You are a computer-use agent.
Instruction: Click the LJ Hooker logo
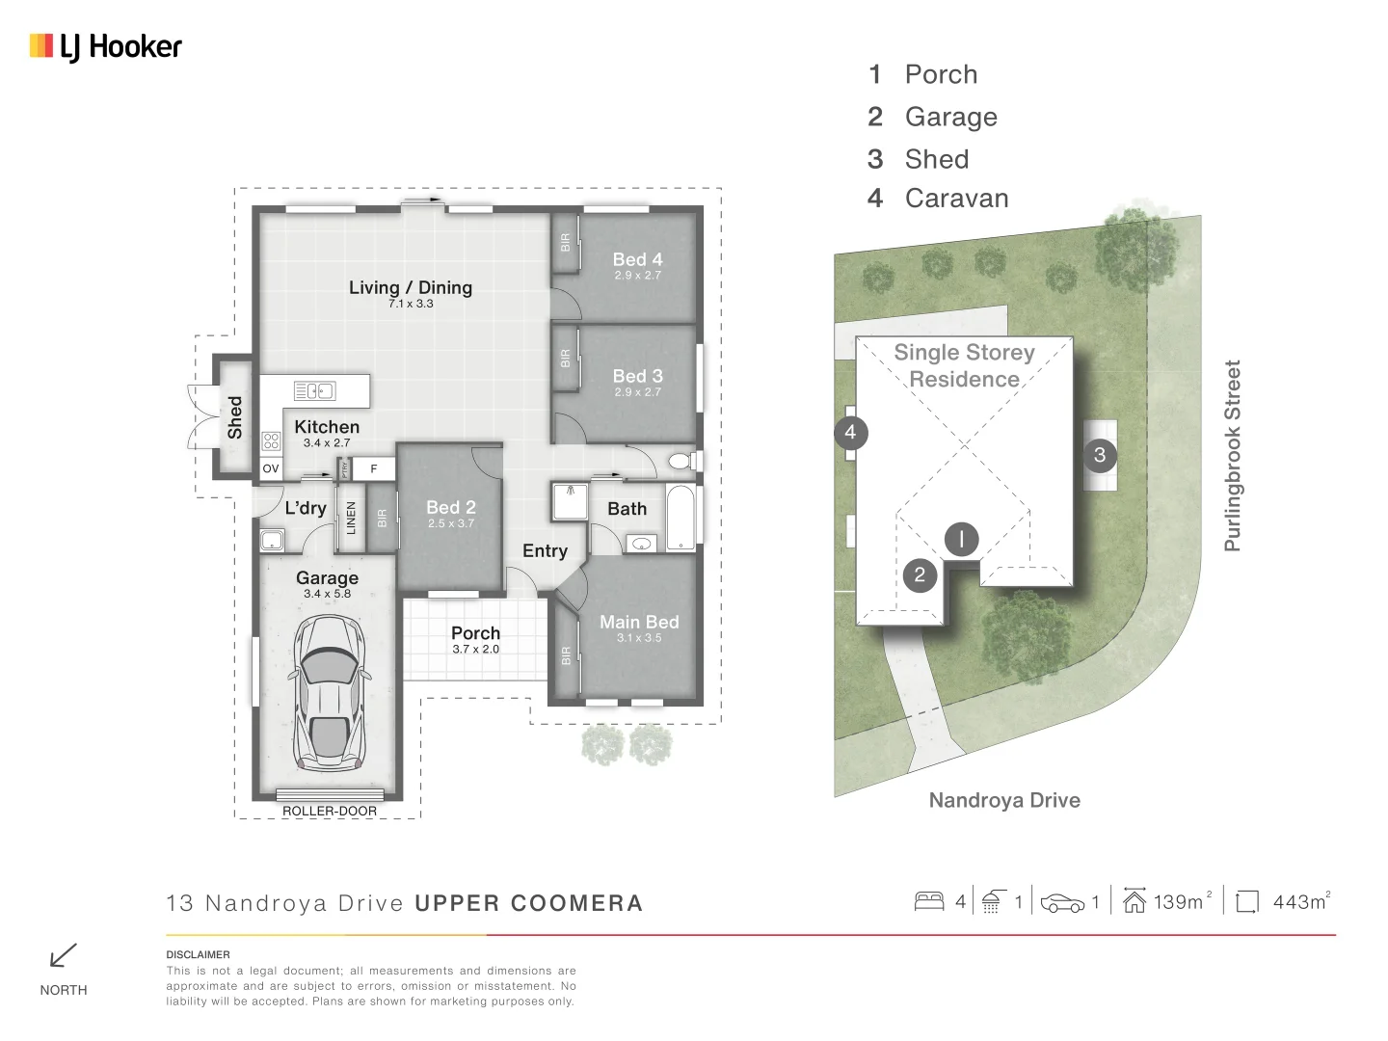[x=105, y=46]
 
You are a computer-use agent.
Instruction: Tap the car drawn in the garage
[x=329, y=692]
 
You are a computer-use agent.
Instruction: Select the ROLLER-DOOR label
[x=330, y=811]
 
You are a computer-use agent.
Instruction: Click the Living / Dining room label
[x=411, y=288]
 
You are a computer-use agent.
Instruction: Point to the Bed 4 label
[x=637, y=260]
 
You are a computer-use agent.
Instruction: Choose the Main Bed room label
[x=639, y=623]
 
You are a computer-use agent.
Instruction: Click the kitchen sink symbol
[x=314, y=390]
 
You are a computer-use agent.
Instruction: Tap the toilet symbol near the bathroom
[x=681, y=461]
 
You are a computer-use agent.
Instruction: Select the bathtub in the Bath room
[x=681, y=518]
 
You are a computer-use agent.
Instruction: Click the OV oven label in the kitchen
[x=271, y=468]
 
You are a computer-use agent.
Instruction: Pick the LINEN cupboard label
[x=351, y=518]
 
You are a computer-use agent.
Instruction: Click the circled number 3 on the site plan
[x=1100, y=455]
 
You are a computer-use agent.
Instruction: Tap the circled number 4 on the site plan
[x=850, y=432]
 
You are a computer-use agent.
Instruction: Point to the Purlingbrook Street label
[x=1232, y=456]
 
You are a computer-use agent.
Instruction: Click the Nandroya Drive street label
[x=1004, y=800]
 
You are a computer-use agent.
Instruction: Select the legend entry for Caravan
[x=956, y=199]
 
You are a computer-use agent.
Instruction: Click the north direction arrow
[x=63, y=955]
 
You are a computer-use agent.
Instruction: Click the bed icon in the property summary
[x=929, y=901]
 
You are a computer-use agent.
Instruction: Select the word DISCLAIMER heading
[x=198, y=954]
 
